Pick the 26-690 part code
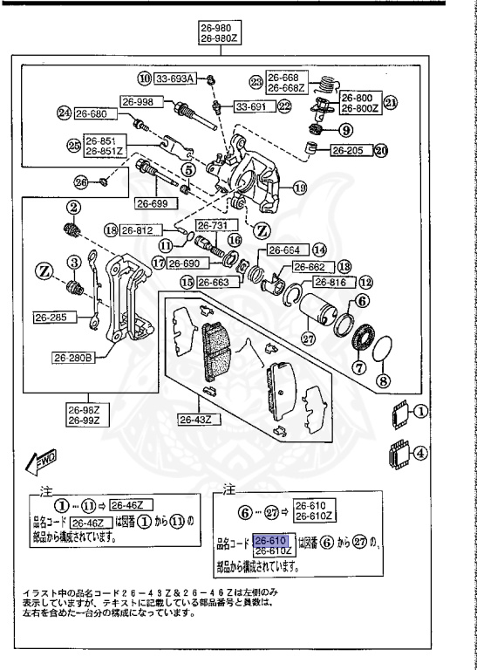click(186, 263)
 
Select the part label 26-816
click(330, 283)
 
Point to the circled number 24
click(64, 113)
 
